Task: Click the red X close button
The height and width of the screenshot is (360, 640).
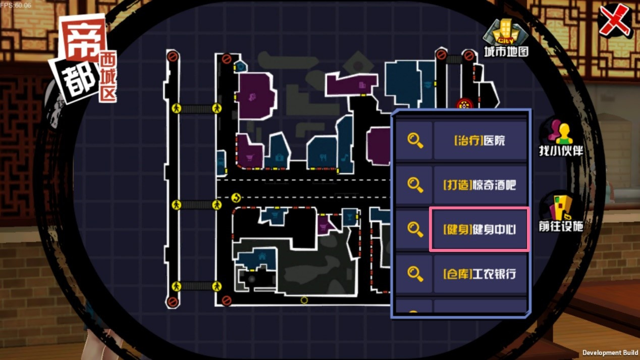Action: click(614, 21)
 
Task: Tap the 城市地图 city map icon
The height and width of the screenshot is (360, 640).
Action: click(506, 38)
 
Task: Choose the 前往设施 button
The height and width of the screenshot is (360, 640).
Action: click(561, 214)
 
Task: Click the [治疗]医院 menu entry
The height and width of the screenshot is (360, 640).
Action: click(480, 140)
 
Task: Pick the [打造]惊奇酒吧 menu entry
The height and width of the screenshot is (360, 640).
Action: click(480, 185)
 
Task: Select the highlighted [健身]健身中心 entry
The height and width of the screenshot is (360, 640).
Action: click(479, 229)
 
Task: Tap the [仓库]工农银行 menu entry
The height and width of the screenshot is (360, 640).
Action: click(480, 274)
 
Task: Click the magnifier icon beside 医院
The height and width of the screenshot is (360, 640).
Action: click(415, 140)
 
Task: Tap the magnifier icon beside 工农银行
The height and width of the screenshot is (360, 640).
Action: click(415, 274)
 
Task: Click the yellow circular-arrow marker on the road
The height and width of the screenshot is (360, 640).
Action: click(236, 197)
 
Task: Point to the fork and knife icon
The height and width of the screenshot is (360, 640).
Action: click(323, 157)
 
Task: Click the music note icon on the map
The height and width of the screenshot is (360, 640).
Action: click(345, 157)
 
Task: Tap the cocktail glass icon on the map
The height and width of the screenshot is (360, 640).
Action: click(349, 217)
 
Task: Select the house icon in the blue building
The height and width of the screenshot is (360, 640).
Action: click(262, 256)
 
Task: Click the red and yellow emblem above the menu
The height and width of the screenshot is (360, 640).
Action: click(464, 104)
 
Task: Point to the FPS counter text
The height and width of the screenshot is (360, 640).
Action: click(16, 5)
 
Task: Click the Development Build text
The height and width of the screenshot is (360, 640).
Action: click(610, 353)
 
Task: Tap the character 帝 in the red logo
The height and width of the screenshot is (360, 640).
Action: click(83, 39)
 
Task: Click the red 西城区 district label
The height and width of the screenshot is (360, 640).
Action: click(109, 77)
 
